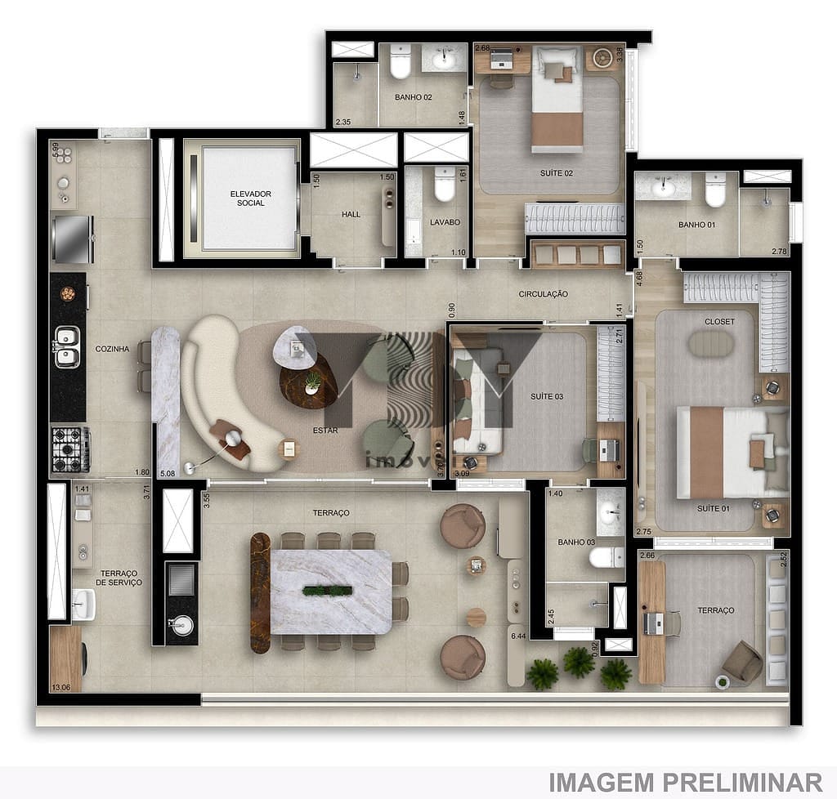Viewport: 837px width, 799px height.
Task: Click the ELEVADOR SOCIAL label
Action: pos(250,198)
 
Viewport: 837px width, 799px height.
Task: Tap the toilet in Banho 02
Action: pos(401,62)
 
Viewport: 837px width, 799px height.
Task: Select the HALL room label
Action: pos(351,215)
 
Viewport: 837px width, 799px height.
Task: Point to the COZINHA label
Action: pos(112,349)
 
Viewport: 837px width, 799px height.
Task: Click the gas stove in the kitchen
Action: pos(70,449)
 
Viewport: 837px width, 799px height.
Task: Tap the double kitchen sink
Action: pos(67,346)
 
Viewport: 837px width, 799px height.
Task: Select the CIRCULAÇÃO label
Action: pos(543,294)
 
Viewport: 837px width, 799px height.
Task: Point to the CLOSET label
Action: pos(719,322)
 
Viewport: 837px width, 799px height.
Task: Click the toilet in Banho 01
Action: pos(715,190)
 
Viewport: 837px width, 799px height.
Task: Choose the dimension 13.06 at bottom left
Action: pos(60,687)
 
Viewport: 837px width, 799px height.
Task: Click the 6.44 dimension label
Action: pos(517,636)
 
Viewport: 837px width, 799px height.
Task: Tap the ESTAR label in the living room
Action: pos(325,430)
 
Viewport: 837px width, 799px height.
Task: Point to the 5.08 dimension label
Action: pos(168,473)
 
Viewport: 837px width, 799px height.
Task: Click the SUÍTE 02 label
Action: pos(556,173)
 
